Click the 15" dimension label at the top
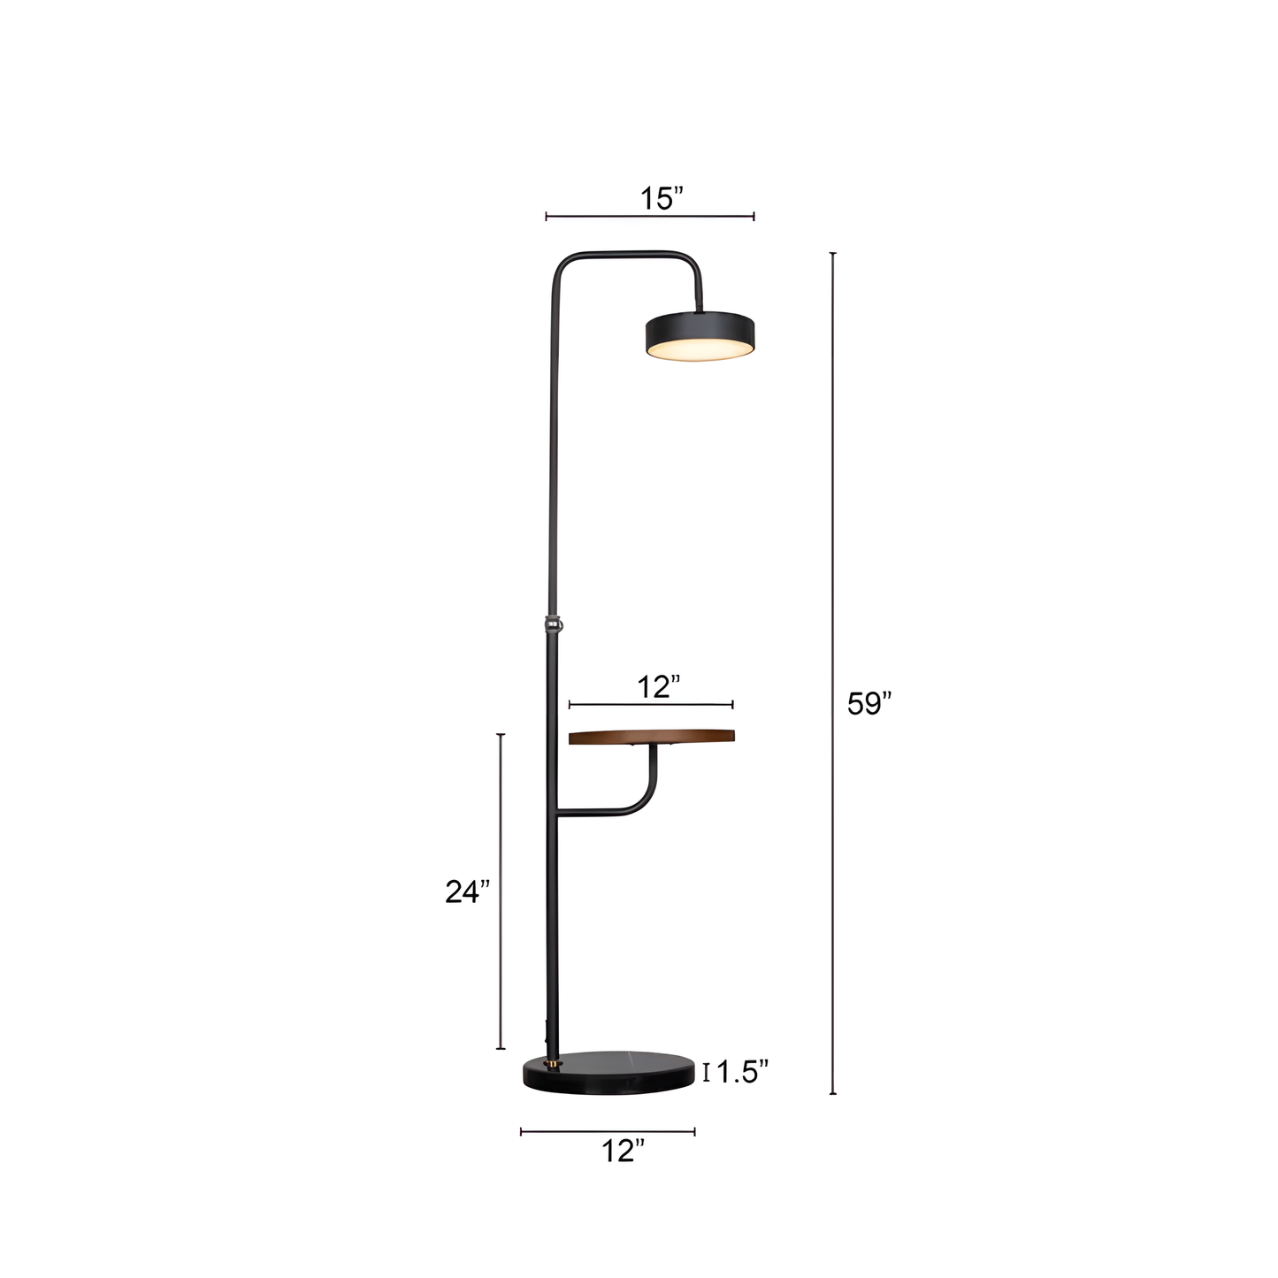point(662,199)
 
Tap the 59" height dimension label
point(869,704)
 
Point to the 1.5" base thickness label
point(742,1072)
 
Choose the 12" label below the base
point(623,1152)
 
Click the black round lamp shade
point(700,329)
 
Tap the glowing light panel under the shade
point(700,351)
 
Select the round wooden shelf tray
point(652,737)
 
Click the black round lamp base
point(608,1071)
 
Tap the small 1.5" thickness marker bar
point(706,1073)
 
